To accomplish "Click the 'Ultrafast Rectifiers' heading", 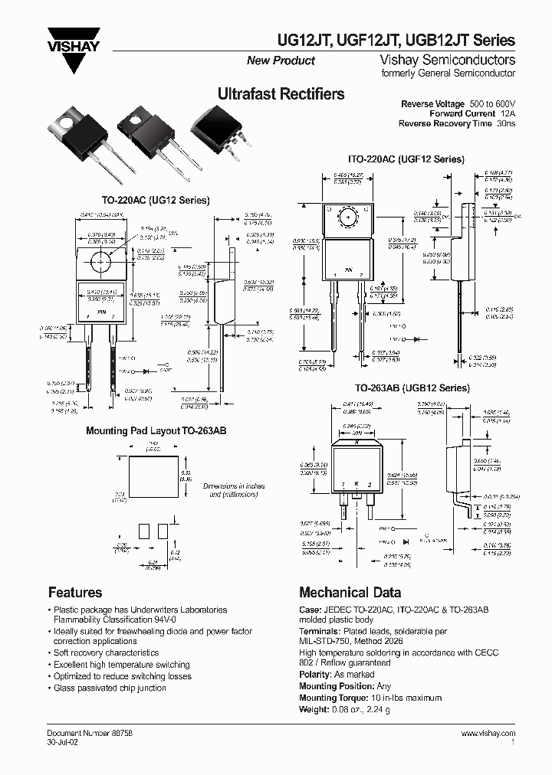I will click(x=281, y=94).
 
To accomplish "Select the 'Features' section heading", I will click(x=75, y=592).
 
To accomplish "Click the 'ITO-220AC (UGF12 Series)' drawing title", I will click(x=406, y=159).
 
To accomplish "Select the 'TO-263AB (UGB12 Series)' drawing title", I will click(x=412, y=388).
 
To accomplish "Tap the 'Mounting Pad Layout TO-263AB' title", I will click(x=156, y=431).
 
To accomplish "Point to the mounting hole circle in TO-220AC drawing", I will click(x=101, y=262).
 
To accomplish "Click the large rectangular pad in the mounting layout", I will click(x=153, y=476).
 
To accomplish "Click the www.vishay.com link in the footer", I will click(x=488, y=733).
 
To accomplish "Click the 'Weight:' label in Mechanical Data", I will click(x=314, y=709).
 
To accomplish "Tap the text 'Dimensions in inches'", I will click(x=234, y=486).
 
